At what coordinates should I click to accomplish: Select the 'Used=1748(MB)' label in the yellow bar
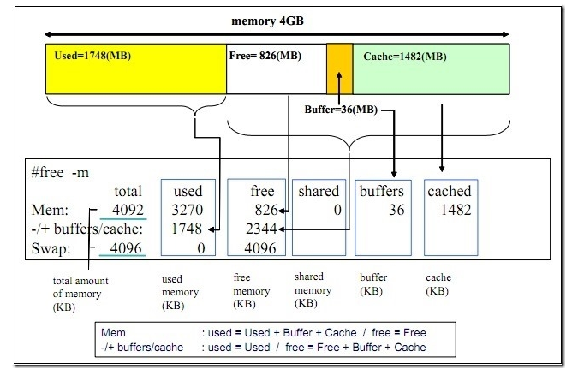(x=92, y=57)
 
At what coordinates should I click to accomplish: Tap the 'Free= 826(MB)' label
(x=265, y=57)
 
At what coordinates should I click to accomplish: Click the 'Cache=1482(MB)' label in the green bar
(x=404, y=57)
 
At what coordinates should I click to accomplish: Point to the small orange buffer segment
(x=339, y=68)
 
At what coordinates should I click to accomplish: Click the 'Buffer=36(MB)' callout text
(x=341, y=110)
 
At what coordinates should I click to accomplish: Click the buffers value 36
(x=395, y=209)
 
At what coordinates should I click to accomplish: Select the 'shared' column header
(x=318, y=191)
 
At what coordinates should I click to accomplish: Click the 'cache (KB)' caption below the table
(x=438, y=283)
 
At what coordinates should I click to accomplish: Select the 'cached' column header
(x=449, y=191)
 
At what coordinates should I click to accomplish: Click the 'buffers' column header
(x=382, y=191)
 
